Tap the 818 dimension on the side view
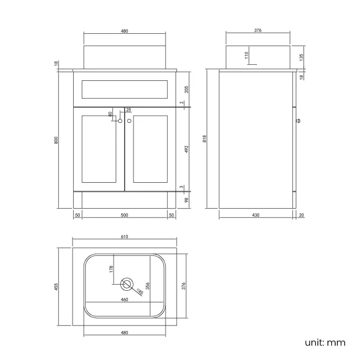coord(205,140)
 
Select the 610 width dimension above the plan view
coord(124,236)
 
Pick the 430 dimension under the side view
coord(256,215)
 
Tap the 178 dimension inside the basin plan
coord(111,269)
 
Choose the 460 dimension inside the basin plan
coord(124,300)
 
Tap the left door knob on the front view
coord(120,120)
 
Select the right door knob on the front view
coord(129,120)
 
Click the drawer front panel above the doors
coord(124,88)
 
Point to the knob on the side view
coord(297,120)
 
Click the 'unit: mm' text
coord(325,342)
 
